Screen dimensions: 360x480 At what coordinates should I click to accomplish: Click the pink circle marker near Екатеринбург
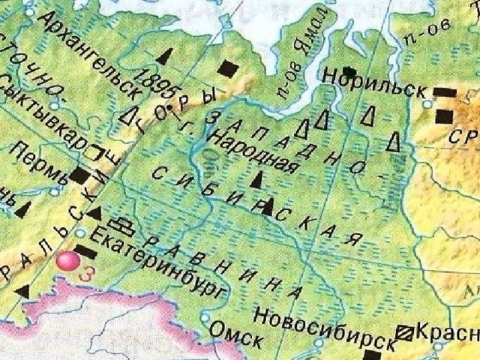click(x=68, y=262)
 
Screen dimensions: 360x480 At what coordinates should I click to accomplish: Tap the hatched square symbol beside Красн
click(x=404, y=330)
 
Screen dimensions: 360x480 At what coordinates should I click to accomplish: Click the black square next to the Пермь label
click(x=80, y=177)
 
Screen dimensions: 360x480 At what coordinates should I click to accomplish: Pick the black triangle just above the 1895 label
click(x=164, y=56)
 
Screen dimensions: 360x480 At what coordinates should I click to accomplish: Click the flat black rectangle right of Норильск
click(x=445, y=92)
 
